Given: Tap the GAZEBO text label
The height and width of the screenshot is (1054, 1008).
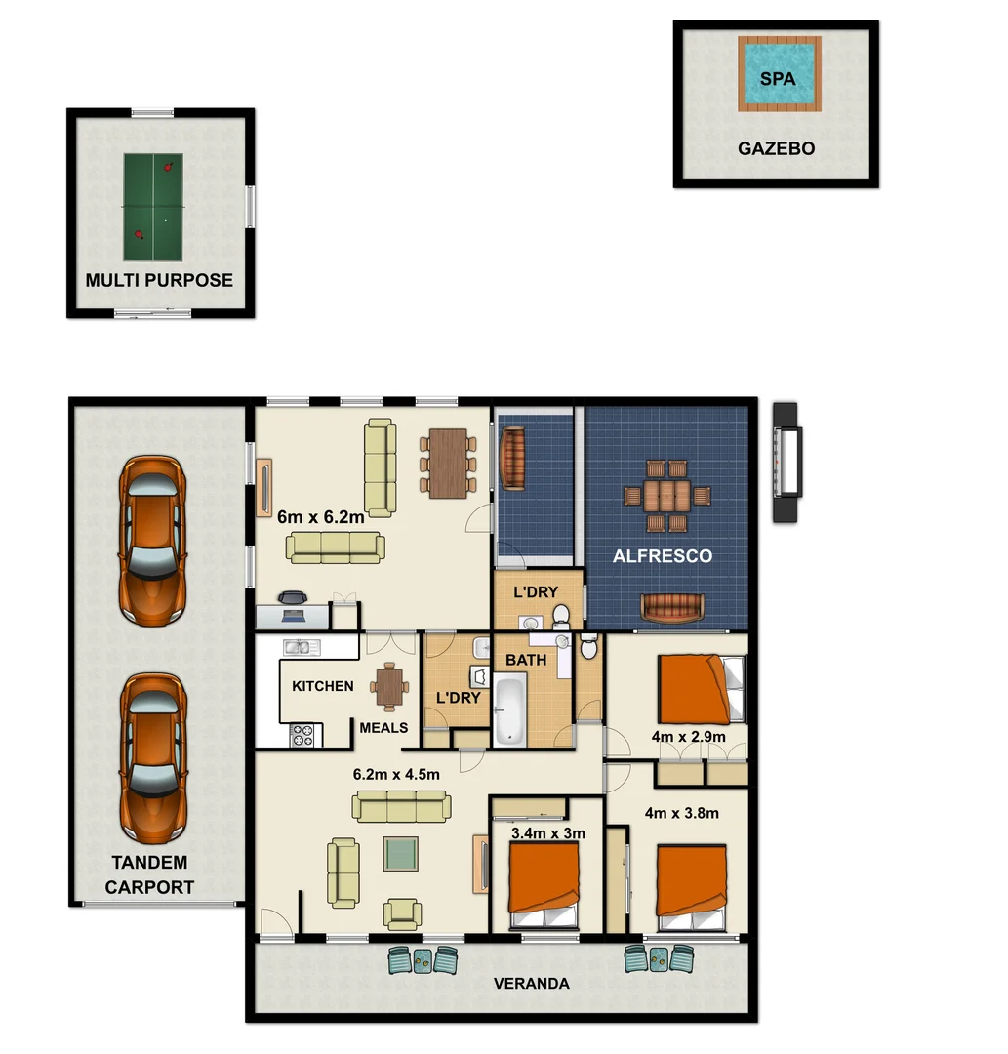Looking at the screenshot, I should click(x=776, y=149).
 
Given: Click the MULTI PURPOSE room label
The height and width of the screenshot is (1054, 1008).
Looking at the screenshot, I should click(x=159, y=281).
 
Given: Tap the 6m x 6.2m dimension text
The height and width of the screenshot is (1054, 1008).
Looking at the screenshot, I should click(x=321, y=518).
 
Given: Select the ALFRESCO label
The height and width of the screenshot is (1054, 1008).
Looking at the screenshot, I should click(x=662, y=556).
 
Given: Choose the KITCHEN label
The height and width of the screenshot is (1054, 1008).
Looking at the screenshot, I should click(x=323, y=686).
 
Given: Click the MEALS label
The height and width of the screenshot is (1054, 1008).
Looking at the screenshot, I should click(x=383, y=728).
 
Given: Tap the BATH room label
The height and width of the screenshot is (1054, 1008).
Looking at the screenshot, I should click(x=525, y=661).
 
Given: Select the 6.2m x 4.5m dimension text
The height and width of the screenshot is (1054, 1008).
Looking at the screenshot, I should click(x=396, y=775).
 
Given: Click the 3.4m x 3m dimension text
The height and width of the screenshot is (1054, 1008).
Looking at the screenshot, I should click(x=547, y=833).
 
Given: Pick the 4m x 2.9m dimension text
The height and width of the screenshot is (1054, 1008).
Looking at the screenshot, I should click(x=689, y=735).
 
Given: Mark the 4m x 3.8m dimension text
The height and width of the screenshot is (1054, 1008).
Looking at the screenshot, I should click(x=681, y=812).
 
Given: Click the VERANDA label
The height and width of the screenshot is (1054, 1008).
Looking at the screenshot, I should click(x=531, y=984).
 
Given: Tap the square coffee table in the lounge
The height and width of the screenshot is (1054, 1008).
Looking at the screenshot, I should click(x=400, y=854).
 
